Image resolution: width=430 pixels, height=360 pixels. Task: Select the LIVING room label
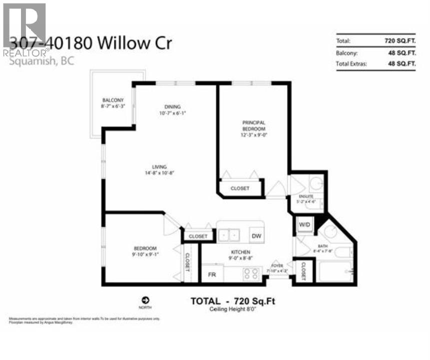tap(160, 167)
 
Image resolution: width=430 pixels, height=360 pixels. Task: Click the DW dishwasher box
tap(256, 236)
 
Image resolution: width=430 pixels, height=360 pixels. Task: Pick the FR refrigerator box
tap(211, 275)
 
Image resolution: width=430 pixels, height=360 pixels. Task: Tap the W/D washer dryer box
tap(305, 225)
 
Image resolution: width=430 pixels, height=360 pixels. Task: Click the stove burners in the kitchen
tap(250, 273)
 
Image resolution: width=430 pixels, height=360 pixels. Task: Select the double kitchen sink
tap(230, 235)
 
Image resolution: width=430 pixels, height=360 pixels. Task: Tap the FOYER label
tap(277, 265)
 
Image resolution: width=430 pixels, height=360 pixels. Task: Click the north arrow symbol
tap(145, 300)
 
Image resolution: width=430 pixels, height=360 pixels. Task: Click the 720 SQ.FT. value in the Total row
tap(397, 41)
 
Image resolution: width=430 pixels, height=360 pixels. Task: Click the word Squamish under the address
tap(26, 62)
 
